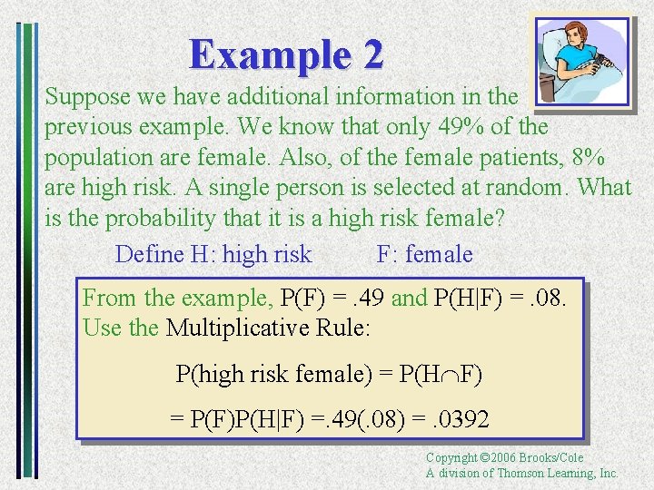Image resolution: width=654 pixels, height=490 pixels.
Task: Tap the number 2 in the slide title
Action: click(x=372, y=54)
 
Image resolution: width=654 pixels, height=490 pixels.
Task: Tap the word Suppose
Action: click(x=86, y=95)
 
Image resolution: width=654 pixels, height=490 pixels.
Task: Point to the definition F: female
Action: click(x=424, y=255)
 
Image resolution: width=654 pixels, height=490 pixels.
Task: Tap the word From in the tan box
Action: click(x=110, y=298)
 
